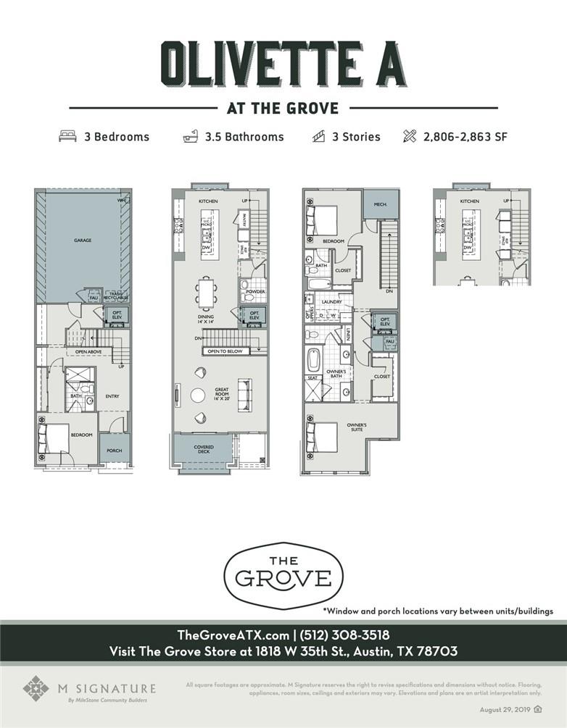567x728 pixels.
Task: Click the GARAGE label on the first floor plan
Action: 81,240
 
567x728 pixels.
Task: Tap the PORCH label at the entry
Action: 113,451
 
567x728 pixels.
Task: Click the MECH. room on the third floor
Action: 381,204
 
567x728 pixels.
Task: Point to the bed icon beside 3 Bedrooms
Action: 67,136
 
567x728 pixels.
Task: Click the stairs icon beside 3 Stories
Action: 318,136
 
